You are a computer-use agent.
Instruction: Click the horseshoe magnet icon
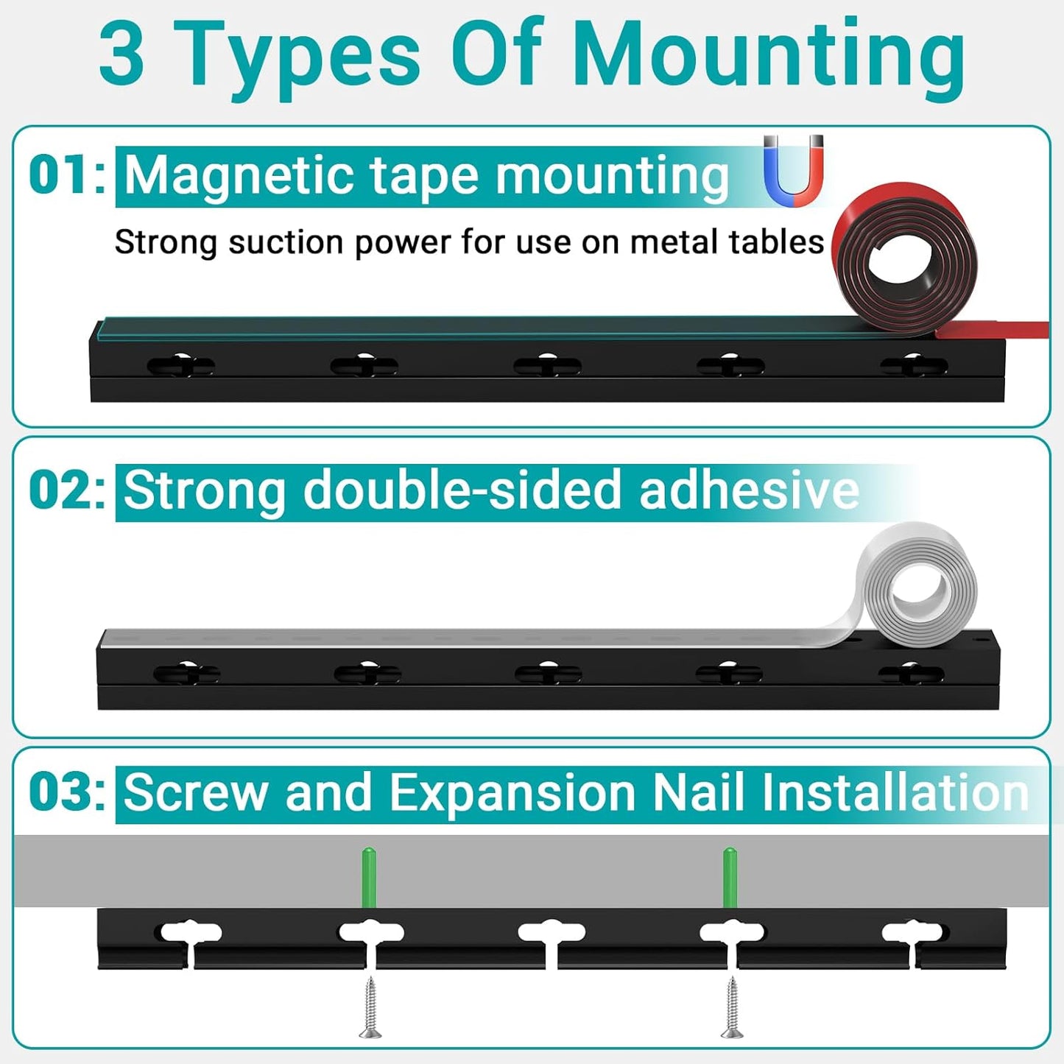coord(793,171)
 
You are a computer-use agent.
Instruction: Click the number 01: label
coord(67,176)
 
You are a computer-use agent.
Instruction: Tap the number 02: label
coord(67,491)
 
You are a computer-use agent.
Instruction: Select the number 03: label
coord(67,793)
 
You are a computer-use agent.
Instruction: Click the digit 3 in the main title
coord(121,55)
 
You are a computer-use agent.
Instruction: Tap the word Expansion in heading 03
coord(512,793)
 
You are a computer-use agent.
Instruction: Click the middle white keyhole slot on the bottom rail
coord(552,934)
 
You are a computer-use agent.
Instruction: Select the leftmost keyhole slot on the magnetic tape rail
coord(180,365)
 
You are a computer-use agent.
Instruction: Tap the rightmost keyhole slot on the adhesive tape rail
coord(911,673)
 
